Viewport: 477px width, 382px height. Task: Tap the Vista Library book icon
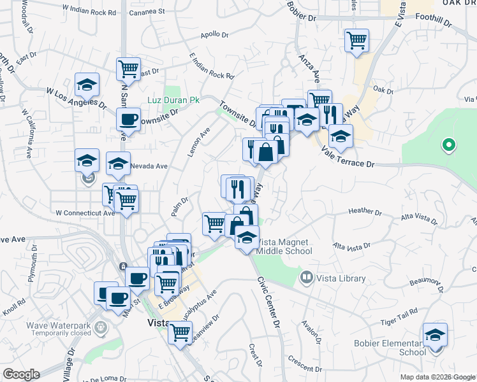307,278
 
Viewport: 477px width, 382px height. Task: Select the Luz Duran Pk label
173,101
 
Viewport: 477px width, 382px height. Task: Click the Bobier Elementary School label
390,348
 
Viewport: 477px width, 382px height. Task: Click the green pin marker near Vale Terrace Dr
448,146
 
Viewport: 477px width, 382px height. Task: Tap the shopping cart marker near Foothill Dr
357,41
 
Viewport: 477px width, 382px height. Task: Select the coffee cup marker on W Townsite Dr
129,120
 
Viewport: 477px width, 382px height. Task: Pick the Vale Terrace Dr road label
348,159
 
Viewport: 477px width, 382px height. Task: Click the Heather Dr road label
365,211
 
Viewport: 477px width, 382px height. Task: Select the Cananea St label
147,11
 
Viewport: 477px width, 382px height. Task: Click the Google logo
21,374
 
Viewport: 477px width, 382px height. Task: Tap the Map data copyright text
437,377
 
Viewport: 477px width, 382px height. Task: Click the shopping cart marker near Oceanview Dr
180,331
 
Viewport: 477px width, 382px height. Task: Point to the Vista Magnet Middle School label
284,246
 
